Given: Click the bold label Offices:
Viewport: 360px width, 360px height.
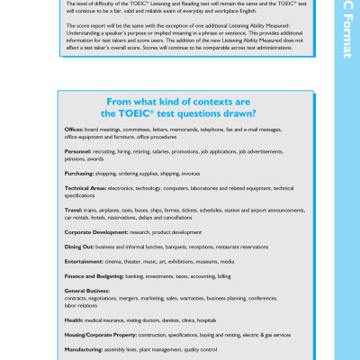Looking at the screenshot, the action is [x=74, y=130].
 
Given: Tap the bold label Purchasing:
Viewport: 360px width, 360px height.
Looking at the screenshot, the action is [x=79, y=173].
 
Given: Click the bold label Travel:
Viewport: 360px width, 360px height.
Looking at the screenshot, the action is [x=73, y=210].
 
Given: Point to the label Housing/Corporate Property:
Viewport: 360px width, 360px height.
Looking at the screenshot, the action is [x=103, y=334].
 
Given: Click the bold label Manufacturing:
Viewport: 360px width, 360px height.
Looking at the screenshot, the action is [x=84, y=348].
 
